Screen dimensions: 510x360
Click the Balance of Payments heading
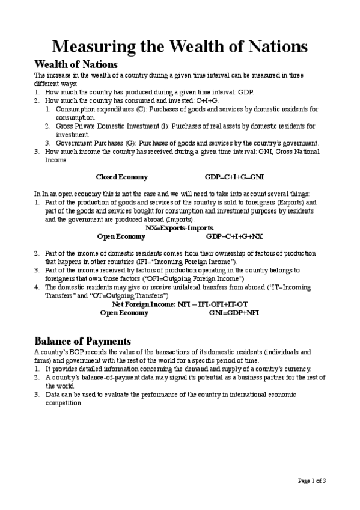pyautogui.click(x=82, y=341)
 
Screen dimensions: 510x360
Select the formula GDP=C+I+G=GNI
pyautogui.click(x=234, y=177)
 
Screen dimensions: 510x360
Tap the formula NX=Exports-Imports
pyautogui.click(x=180, y=229)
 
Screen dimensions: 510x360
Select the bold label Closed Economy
pyautogui.click(x=121, y=177)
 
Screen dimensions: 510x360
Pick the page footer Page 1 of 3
pyautogui.click(x=312, y=480)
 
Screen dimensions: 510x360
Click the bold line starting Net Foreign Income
pyautogui.click(x=180, y=304)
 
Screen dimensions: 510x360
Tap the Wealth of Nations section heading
pyautogui.click(x=76, y=64)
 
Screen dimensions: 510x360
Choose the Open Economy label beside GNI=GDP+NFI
pyautogui.click(x=124, y=313)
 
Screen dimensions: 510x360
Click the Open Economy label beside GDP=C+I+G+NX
pyautogui.click(x=121, y=237)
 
